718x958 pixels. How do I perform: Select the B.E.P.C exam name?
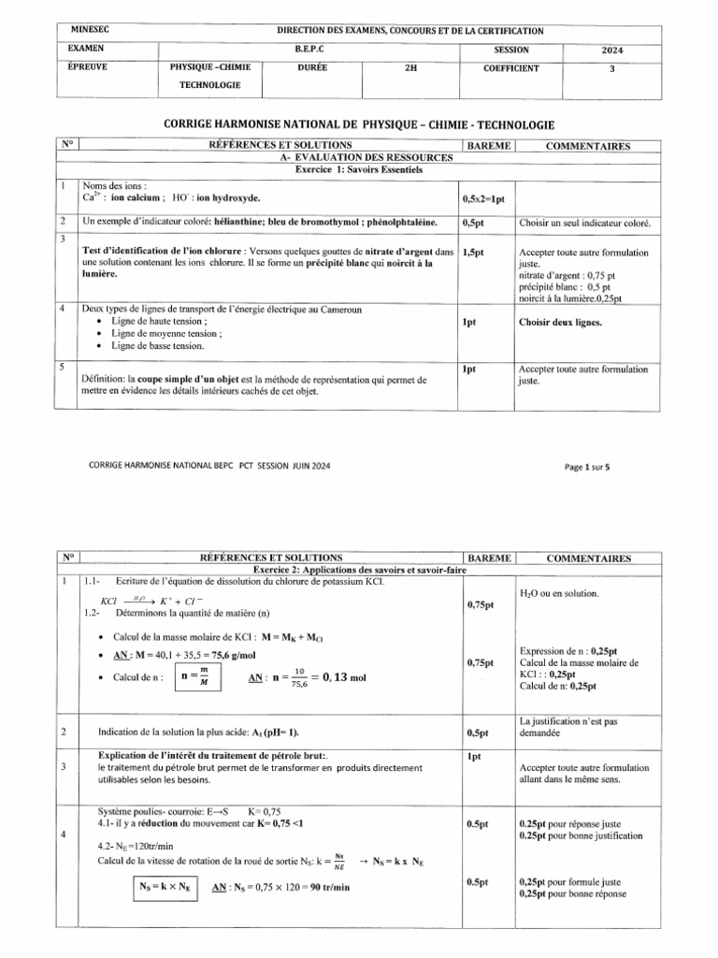(311, 50)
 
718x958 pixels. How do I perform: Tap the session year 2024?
(612, 51)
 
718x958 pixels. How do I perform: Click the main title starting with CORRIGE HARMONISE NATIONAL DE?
(359, 124)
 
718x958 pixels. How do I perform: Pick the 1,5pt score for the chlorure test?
(477, 253)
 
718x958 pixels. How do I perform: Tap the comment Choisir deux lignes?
(560, 323)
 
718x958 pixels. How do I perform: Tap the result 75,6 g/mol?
(235, 656)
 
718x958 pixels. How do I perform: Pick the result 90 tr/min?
(327, 887)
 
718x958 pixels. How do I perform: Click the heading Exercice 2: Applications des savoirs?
(360, 570)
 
